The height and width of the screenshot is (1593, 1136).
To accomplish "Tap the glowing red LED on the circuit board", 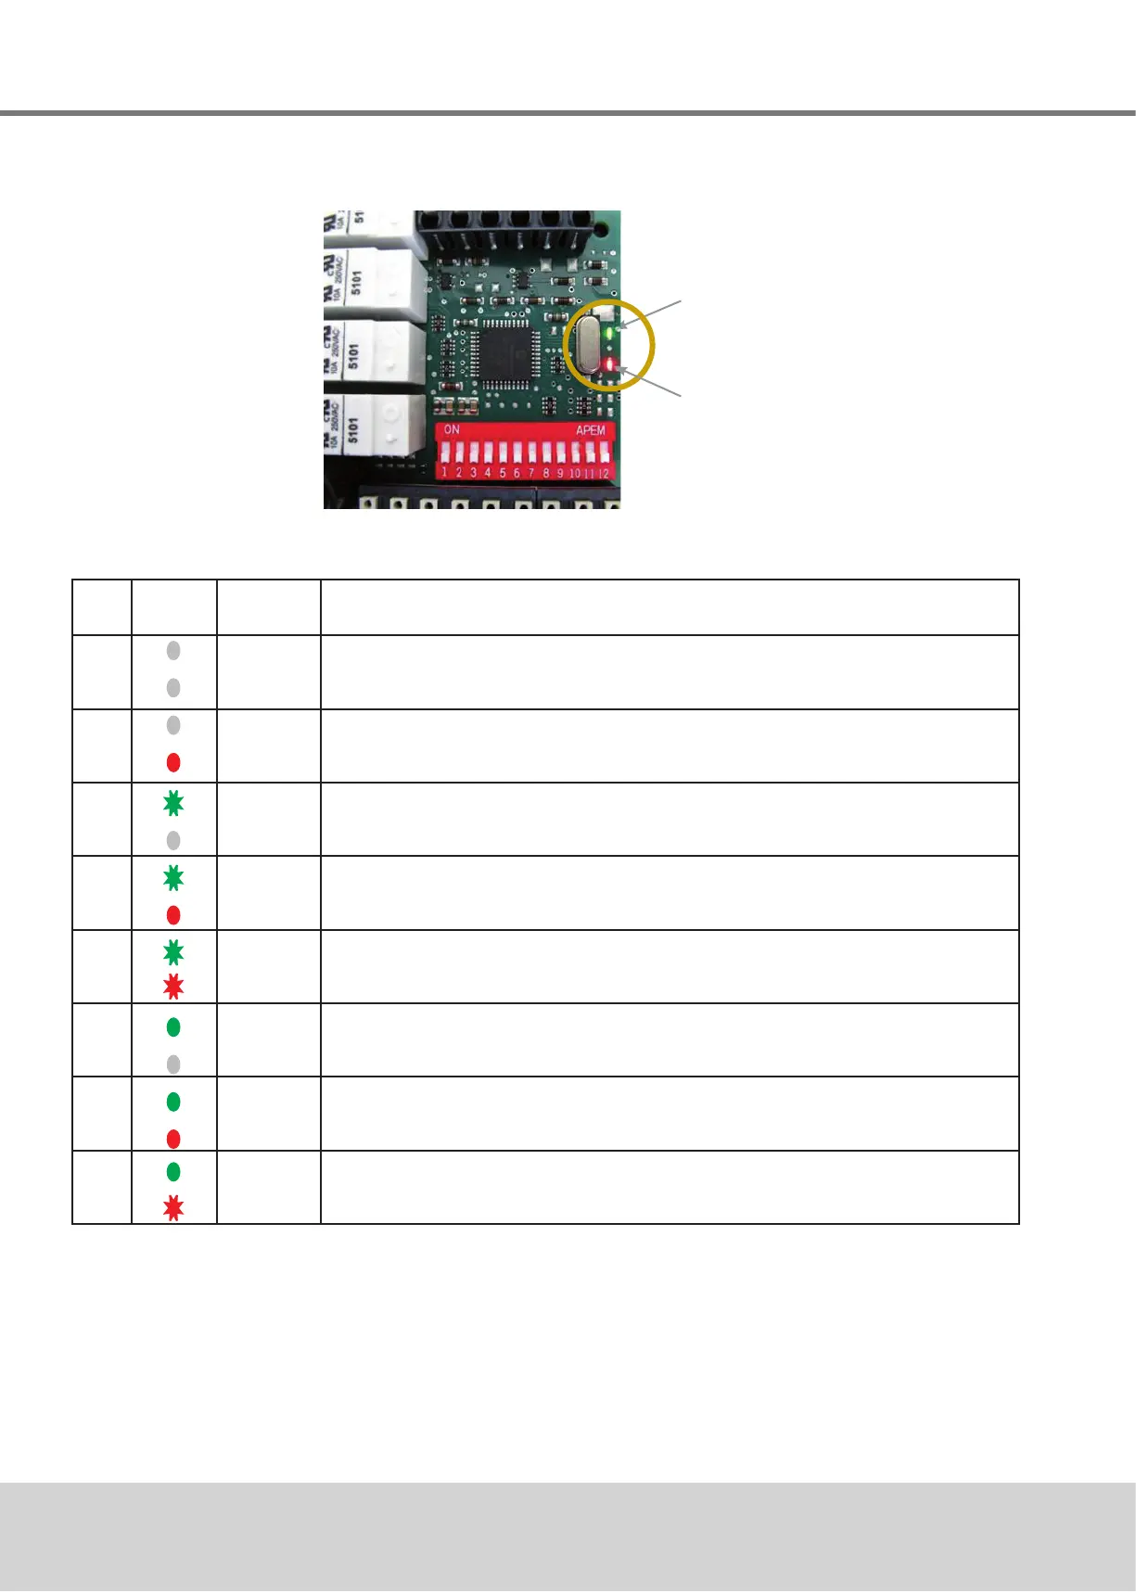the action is tap(609, 363).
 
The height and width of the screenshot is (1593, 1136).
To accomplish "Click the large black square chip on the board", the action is tap(504, 350).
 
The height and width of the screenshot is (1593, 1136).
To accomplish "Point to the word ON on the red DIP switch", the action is tap(452, 430).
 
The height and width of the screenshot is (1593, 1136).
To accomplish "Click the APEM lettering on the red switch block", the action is tap(591, 430).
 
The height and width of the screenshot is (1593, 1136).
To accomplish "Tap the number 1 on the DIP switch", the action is tap(444, 473).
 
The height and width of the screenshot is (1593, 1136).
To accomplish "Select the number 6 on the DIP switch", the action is tap(517, 473).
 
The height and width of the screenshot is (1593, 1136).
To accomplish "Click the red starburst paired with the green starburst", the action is tap(173, 987).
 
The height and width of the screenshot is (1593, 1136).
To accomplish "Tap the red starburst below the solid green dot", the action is tap(173, 1208).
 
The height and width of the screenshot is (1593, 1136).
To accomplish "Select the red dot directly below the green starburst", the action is tap(173, 915).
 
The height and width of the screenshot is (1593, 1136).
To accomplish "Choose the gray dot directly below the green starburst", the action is tap(173, 840).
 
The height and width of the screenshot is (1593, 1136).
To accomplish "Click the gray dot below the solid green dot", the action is tap(173, 1064).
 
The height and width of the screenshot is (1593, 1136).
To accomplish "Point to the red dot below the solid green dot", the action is tap(173, 1139).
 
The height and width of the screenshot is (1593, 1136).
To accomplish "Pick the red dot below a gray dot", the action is tap(173, 762).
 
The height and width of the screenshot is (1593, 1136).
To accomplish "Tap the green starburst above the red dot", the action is tap(173, 877).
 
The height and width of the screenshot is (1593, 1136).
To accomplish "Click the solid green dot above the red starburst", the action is tap(173, 1172).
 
